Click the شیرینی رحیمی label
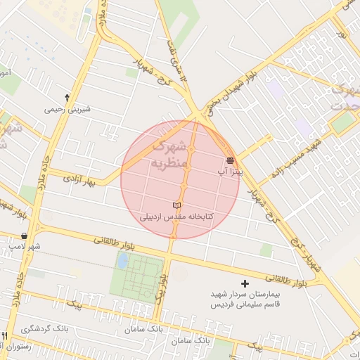click(68, 109)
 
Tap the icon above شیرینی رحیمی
click(67, 97)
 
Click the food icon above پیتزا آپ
click(231, 161)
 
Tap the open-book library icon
click(176, 205)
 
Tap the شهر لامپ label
click(25, 247)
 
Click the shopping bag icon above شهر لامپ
click(25, 236)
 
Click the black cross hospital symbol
click(245, 283)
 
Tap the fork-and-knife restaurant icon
click(5, 335)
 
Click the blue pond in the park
click(123, 261)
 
